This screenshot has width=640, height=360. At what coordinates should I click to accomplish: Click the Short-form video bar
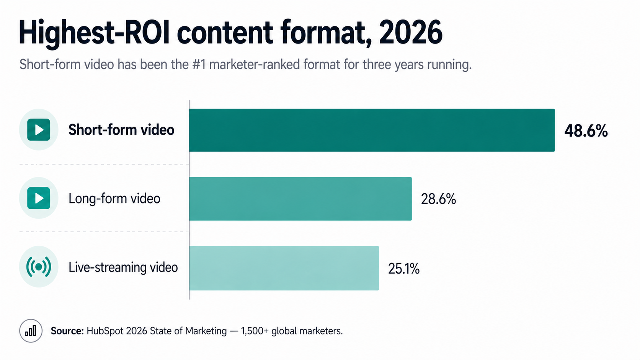pos(372,130)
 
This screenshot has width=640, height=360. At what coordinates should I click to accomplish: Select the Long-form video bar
pos(300,199)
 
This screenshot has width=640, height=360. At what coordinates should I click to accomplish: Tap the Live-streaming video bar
pos(284,268)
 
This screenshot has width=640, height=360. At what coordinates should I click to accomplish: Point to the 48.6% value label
pos(586,131)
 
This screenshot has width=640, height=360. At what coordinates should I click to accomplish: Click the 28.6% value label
pos(438,199)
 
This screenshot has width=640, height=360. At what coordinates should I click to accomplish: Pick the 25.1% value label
pos(403,269)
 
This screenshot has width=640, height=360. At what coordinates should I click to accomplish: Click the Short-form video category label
pos(121,130)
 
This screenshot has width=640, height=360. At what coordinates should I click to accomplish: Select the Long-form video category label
pos(114,199)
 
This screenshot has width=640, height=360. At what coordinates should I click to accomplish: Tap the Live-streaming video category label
pos(123,267)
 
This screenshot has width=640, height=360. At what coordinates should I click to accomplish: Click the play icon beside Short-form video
pos(39,130)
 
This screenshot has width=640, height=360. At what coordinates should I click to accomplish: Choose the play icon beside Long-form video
pos(39,198)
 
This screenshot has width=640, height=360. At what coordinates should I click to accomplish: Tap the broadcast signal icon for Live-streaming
pos(39,267)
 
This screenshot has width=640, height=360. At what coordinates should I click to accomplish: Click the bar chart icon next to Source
pos(31,331)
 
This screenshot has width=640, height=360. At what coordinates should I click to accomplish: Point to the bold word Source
pos(67,331)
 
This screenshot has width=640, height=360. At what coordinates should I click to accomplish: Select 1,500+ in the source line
pos(255,331)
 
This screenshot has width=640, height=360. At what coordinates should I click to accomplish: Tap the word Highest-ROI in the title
pos(94,33)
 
